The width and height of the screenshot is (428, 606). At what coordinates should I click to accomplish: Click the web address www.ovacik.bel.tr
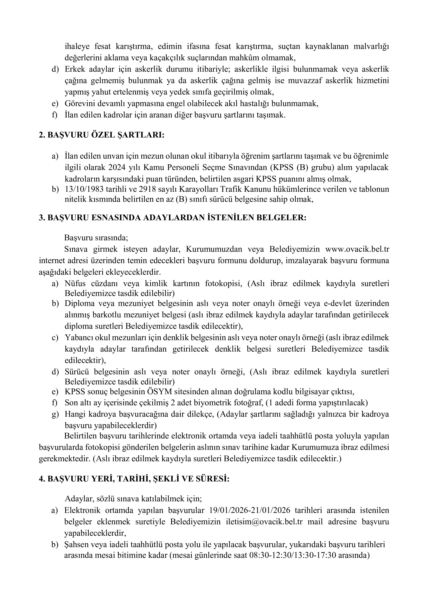click(x=357, y=249)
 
